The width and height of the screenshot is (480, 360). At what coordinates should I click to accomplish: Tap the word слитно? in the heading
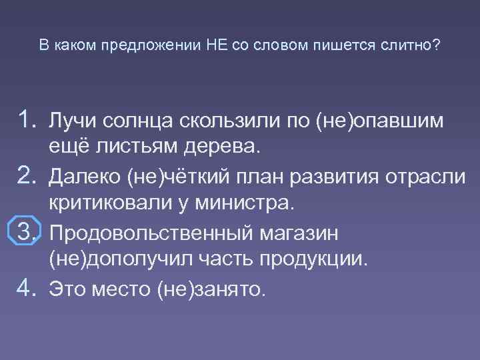tap(410, 45)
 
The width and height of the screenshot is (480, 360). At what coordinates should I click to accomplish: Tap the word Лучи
tap(74, 121)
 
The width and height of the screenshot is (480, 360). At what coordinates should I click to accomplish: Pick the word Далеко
tap(84, 177)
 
